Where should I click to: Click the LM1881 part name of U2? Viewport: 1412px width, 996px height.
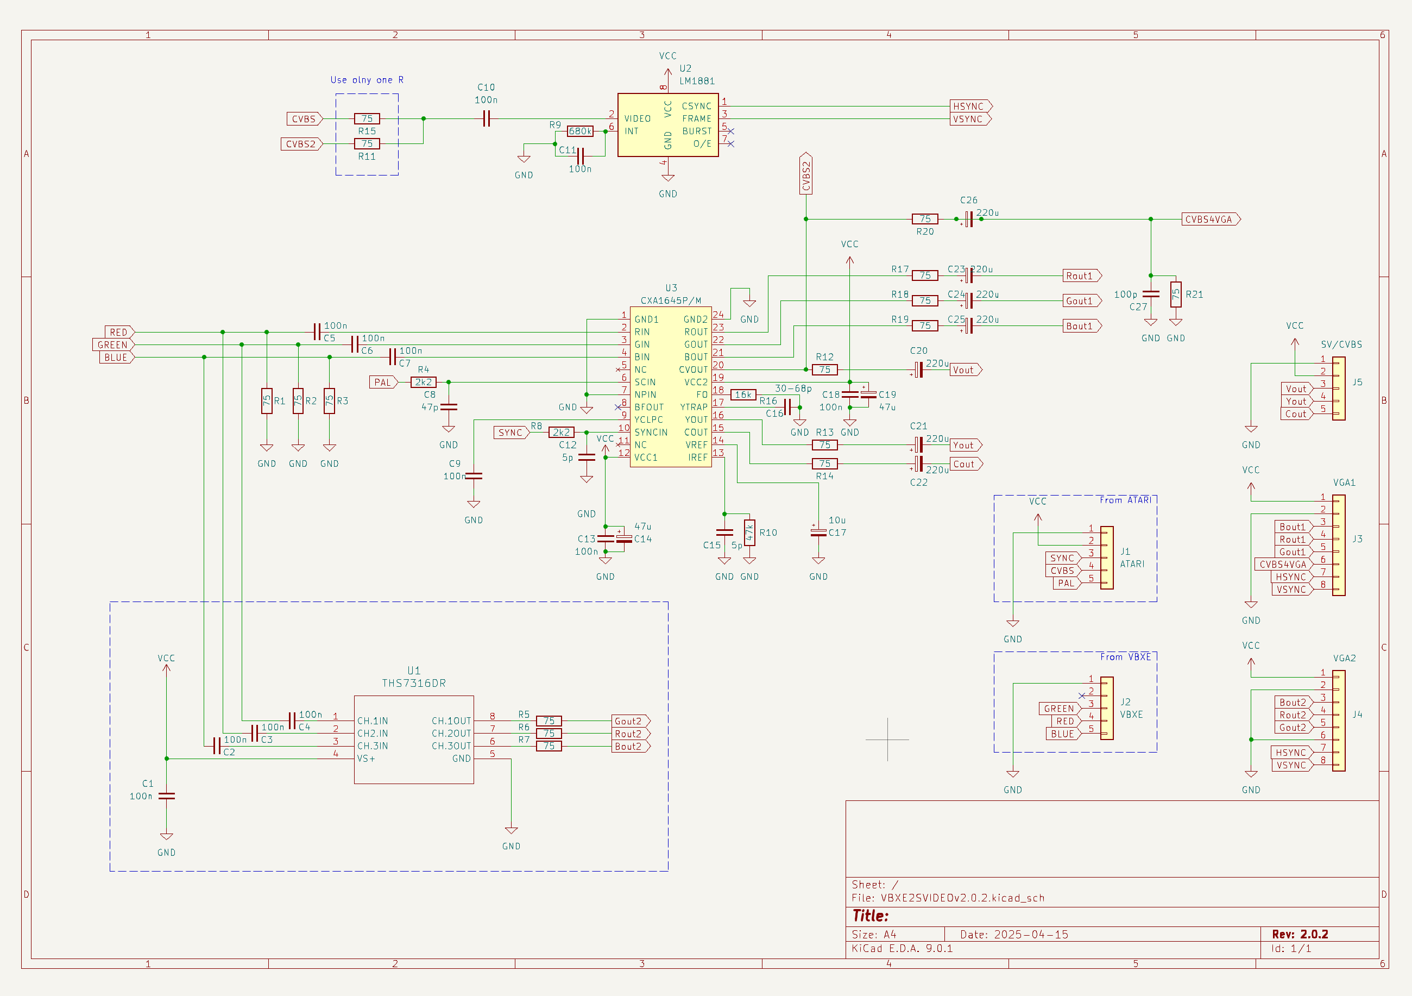(x=697, y=81)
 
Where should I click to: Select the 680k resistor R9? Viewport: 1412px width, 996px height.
(x=580, y=131)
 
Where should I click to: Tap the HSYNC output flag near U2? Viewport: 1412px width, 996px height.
(x=970, y=107)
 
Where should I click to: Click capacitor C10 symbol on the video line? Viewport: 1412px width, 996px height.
(x=486, y=119)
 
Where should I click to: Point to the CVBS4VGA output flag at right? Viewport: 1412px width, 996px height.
(x=1209, y=220)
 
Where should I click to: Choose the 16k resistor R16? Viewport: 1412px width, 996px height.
(x=743, y=395)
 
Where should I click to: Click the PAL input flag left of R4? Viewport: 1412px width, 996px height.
(x=382, y=382)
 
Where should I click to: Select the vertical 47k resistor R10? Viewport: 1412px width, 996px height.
(x=749, y=533)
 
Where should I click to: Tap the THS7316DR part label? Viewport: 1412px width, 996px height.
(x=414, y=684)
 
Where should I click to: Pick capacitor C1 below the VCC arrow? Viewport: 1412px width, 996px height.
(x=166, y=796)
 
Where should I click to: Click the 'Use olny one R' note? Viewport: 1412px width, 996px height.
(x=367, y=80)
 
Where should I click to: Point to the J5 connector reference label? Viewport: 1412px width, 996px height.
(x=1357, y=382)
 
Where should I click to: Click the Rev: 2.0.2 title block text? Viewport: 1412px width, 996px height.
(x=1300, y=934)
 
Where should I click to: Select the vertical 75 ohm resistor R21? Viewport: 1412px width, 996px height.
(x=1175, y=295)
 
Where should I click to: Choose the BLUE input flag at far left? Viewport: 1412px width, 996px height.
(x=116, y=358)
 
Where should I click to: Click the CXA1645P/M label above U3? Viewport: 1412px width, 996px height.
(x=670, y=301)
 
